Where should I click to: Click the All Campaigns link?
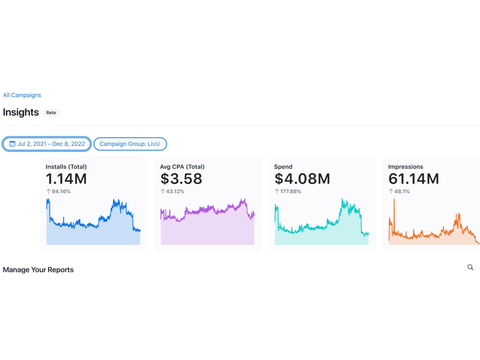click(22, 95)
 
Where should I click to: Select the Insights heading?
click(21, 112)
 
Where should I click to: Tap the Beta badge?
click(51, 113)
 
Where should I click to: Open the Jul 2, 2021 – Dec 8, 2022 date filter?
click(47, 144)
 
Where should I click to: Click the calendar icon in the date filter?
click(12, 144)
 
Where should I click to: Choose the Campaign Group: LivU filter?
click(130, 144)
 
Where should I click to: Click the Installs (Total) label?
click(66, 167)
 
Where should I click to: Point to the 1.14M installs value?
click(66, 179)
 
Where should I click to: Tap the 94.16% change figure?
click(61, 192)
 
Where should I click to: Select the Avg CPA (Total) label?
click(182, 167)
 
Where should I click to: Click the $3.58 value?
click(181, 179)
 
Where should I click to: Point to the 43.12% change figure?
click(175, 192)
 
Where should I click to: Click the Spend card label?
click(283, 167)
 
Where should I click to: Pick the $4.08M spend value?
click(302, 179)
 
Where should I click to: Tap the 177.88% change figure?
click(290, 192)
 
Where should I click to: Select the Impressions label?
click(406, 167)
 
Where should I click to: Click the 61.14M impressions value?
click(414, 179)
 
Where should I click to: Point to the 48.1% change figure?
click(402, 192)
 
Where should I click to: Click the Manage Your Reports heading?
click(38, 270)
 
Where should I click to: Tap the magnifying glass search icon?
click(470, 267)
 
